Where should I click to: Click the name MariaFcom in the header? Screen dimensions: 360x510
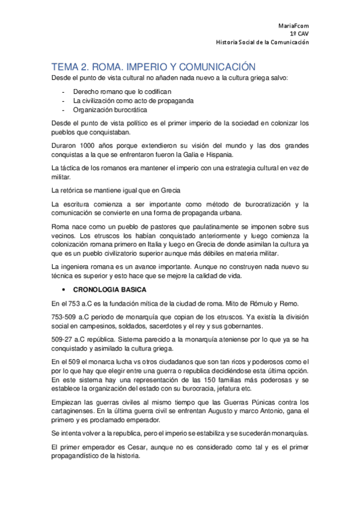click(x=294, y=26)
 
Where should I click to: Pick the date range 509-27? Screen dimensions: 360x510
click(x=64, y=340)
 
